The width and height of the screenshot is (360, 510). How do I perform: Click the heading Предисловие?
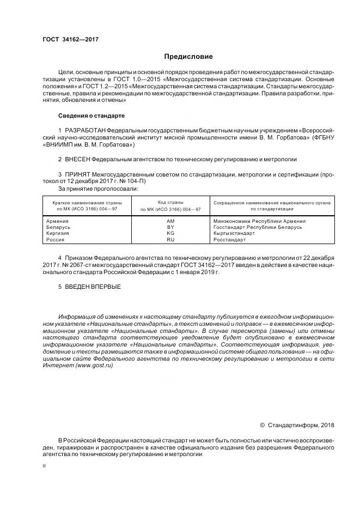point(189,57)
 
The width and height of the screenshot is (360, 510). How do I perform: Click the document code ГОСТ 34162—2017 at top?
point(70,39)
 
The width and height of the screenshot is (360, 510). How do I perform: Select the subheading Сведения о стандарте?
point(91,116)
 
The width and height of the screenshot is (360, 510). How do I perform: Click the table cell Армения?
point(58,221)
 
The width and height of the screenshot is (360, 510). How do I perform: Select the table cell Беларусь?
point(59,227)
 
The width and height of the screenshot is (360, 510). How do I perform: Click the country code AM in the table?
point(170,221)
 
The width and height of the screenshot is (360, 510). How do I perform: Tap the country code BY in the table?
point(170,227)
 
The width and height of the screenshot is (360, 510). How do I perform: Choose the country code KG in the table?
point(170,233)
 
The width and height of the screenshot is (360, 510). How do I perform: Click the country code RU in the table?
point(170,239)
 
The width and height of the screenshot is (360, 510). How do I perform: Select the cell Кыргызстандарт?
point(234,233)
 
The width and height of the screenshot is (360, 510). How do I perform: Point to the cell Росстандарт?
point(230,239)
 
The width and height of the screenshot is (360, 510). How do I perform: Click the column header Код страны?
point(170,202)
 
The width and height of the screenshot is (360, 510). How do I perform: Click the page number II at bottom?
point(45,466)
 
